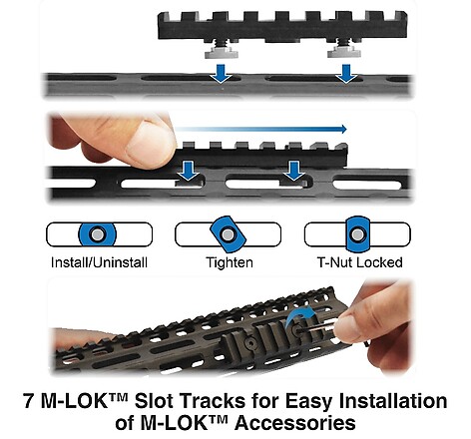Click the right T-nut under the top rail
click(344, 53)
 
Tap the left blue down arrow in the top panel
click(221, 74)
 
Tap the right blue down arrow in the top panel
click(346, 74)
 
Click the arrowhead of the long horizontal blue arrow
click(343, 129)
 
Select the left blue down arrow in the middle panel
click(188, 171)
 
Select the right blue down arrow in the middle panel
click(294, 171)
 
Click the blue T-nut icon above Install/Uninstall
click(97, 234)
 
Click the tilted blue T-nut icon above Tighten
click(228, 234)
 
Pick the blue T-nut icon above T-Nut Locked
click(357, 234)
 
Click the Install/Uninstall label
click(99, 262)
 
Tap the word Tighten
click(230, 262)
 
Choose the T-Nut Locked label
click(360, 262)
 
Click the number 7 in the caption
click(29, 401)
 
